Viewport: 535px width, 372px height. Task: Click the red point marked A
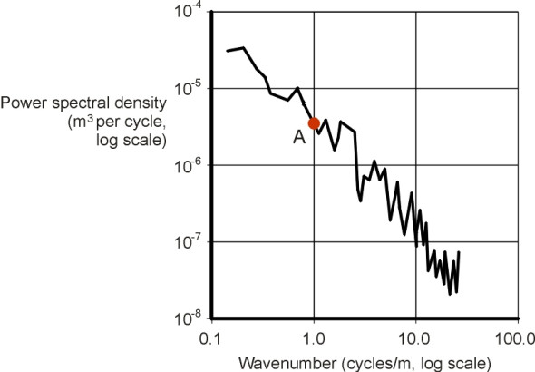[x=314, y=123]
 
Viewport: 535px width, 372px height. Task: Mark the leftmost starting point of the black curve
[x=227, y=50]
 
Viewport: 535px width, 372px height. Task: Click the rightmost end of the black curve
[x=460, y=252]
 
